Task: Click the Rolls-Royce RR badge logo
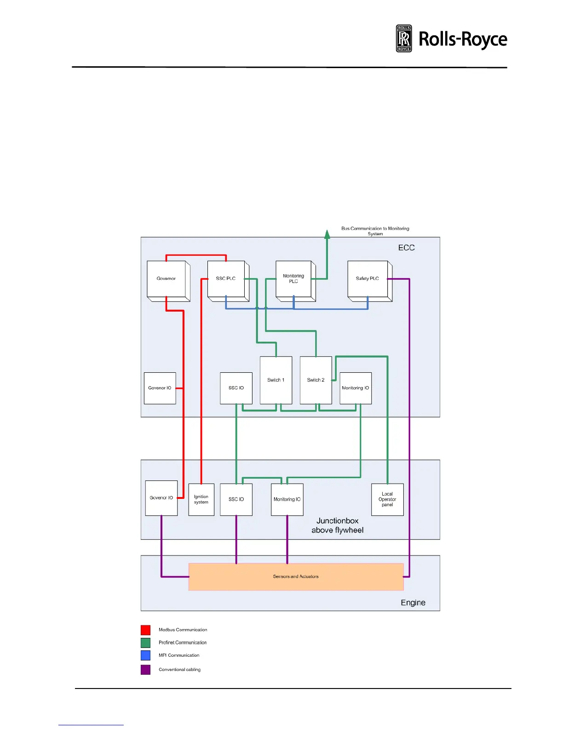(404, 39)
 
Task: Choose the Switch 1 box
(276, 380)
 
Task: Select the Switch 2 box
(316, 380)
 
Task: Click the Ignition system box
(201, 499)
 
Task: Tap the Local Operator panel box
(387, 499)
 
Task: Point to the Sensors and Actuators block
(296, 577)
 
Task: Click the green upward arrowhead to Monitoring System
(327, 234)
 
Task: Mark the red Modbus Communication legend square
(145, 630)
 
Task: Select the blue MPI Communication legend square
(145, 655)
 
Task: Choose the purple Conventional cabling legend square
(145, 670)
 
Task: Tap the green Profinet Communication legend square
(145, 642)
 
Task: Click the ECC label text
(406, 248)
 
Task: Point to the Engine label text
(413, 603)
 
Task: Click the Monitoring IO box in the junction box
(287, 499)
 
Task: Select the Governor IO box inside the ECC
(160, 388)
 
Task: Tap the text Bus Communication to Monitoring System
(375, 231)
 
